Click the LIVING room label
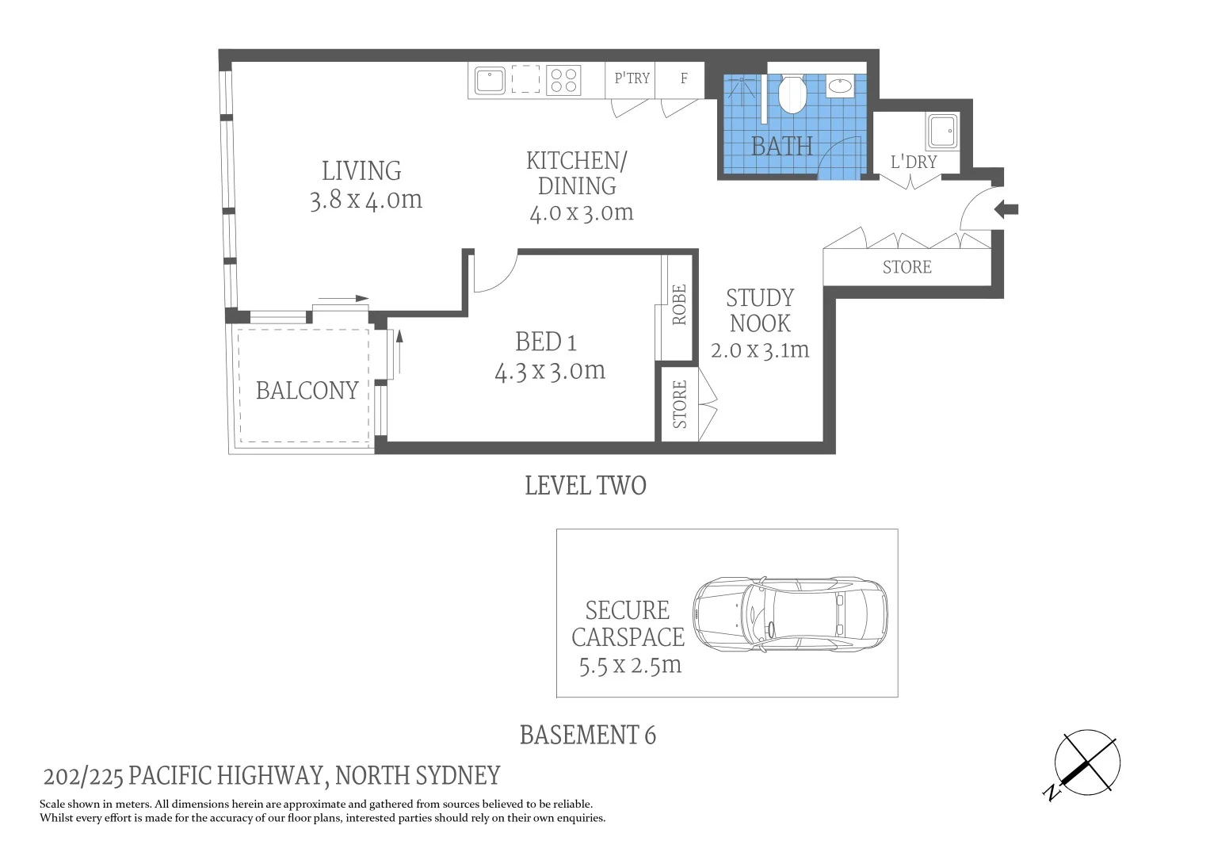click(x=361, y=171)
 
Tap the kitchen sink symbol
click(x=490, y=81)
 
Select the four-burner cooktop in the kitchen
click(x=564, y=81)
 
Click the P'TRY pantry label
click(x=632, y=78)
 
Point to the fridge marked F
click(x=683, y=78)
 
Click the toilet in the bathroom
click(x=792, y=94)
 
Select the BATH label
click(x=781, y=147)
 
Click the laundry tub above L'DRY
click(x=942, y=131)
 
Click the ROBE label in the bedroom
click(x=679, y=305)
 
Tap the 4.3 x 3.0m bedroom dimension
click(x=550, y=371)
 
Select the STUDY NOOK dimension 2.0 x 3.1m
click(x=760, y=350)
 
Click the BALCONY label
click(x=307, y=391)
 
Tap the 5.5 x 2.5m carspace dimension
click(x=630, y=664)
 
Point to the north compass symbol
click(x=1086, y=762)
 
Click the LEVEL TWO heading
click(x=586, y=486)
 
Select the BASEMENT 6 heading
click(x=587, y=736)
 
